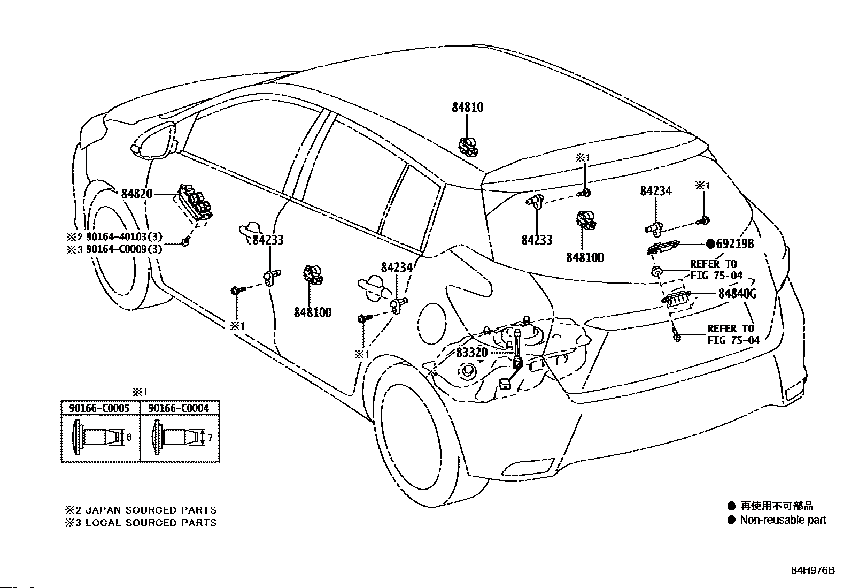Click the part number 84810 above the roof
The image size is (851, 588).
(x=467, y=108)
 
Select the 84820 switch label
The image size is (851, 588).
(x=137, y=194)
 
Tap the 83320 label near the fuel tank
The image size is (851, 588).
(x=471, y=353)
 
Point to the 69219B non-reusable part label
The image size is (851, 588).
(x=730, y=244)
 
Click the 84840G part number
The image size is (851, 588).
(x=737, y=294)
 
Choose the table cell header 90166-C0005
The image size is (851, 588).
(x=99, y=408)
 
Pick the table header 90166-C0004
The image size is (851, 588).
(x=179, y=408)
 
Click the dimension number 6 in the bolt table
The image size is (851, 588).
(x=129, y=437)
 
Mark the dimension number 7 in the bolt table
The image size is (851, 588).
(x=210, y=437)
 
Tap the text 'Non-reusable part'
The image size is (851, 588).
(x=783, y=520)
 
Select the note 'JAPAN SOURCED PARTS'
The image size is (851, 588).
(x=151, y=510)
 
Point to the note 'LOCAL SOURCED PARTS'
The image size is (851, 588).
(x=151, y=523)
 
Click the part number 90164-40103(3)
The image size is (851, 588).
(x=124, y=237)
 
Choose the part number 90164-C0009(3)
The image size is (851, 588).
(x=124, y=249)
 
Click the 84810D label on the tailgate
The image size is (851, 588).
(x=585, y=258)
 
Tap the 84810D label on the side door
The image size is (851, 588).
(x=313, y=312)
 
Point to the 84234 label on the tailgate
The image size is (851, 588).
(x=656, y=191)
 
